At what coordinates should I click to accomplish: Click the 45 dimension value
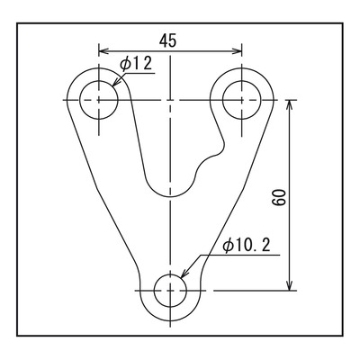[x=168, y=41]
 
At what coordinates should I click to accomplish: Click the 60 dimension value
[x=279, y=197]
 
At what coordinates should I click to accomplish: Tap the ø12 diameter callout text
[x=136, y=64]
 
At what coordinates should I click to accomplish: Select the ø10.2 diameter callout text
[x=247, y=246]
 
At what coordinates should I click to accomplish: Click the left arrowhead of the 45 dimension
[x=103, y=51]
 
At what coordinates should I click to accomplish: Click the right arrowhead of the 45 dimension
[x=237, y=51]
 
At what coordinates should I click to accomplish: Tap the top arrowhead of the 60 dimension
[x=289, y=105]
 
